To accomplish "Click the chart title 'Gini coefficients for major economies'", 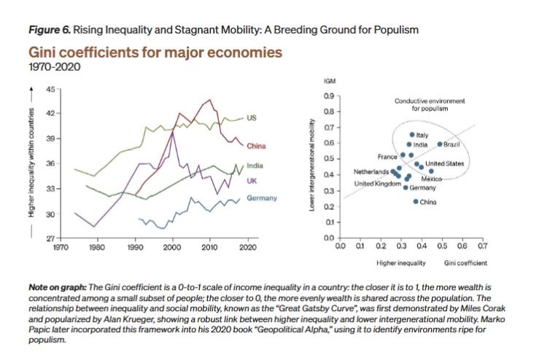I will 155,54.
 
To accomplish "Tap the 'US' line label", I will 253,117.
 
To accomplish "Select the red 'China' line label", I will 256,146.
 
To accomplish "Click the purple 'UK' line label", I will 252,180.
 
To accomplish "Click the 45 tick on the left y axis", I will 49,89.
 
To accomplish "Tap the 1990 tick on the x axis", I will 135,248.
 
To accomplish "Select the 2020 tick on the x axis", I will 247,248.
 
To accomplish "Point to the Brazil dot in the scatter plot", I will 440,145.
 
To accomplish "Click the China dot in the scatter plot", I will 416,201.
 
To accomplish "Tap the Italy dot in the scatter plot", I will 412,135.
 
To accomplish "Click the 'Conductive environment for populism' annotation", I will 430,104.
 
